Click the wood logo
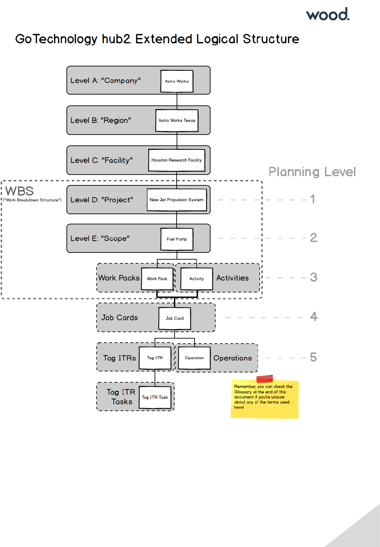(x=327, y=15)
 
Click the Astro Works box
(x=177, y=81)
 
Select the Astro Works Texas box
(x=177, y=120)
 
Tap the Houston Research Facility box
(x=176, y=160)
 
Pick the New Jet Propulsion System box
(x=176, y=200)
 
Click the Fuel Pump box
(x=177, y=239)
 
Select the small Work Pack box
(x=157, y=279)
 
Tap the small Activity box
(x=197, y=279)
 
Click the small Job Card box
(x=175, y=318)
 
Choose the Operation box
(x=194, y=358)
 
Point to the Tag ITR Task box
(x=155, y=397)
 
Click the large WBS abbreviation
(x=20, y=191)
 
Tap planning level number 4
(x=314, y=317)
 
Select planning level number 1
(x=313, y=199)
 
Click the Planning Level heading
(x=312, y=172)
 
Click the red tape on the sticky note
(x=265, y=379)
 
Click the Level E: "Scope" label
(x=100, y=238)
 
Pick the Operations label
(x=233, y=358)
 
